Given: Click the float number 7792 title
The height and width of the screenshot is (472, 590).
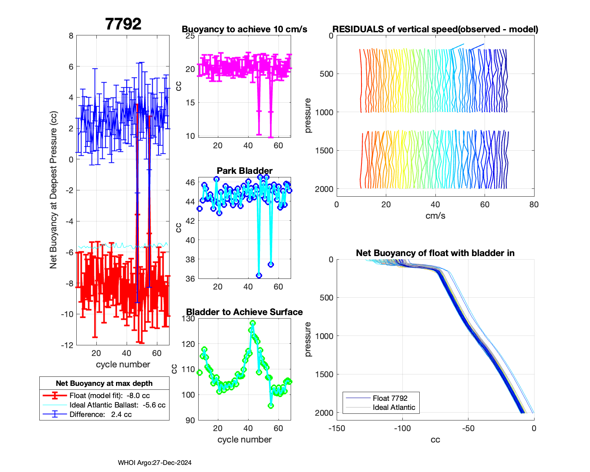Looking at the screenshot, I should (x=123, y=24).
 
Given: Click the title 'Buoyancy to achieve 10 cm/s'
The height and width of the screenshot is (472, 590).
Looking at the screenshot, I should (x=244, y=29).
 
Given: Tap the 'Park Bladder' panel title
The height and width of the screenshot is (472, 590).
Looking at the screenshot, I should (x=244, y=171).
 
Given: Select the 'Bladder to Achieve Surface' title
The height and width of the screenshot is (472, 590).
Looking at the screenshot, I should (x=244, y=312).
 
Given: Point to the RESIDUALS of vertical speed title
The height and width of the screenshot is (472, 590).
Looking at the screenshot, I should (x=435, y=29).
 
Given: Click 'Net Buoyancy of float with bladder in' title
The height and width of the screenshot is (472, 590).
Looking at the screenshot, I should (x=435, y=253).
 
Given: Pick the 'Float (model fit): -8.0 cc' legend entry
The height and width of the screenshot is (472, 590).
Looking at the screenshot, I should (x=109, y=396).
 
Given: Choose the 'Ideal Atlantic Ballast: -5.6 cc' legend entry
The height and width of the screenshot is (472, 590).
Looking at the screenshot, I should (x=117, y=405).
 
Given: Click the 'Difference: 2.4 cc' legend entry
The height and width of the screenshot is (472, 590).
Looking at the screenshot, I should (x=100, y=415).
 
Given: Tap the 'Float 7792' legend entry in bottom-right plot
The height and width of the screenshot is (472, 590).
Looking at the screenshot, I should (x=390, y=398).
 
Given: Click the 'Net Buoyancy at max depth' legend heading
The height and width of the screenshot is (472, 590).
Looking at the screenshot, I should (x=104, y=383).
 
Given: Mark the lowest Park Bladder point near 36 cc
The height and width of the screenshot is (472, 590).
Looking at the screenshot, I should (x=259, y=275).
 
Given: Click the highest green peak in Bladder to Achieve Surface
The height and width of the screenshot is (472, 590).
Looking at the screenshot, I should (x=253, y=323).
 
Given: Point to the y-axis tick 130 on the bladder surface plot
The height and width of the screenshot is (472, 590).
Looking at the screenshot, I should (x=190, y=319).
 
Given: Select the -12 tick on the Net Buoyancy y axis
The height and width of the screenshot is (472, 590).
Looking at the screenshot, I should (x=68, y=345).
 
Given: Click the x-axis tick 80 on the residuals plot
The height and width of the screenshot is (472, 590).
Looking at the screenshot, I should (x=534, y=205).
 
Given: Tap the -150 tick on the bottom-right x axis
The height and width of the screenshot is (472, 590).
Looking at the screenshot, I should (x=337, y=428).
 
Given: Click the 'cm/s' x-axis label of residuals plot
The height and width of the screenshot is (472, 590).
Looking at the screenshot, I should (x=435, y=216).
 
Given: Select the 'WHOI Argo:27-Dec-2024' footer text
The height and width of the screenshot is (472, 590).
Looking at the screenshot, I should (x=155, y=463).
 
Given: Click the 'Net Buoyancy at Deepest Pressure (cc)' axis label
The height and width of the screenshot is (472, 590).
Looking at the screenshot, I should (x=53, y=190).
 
